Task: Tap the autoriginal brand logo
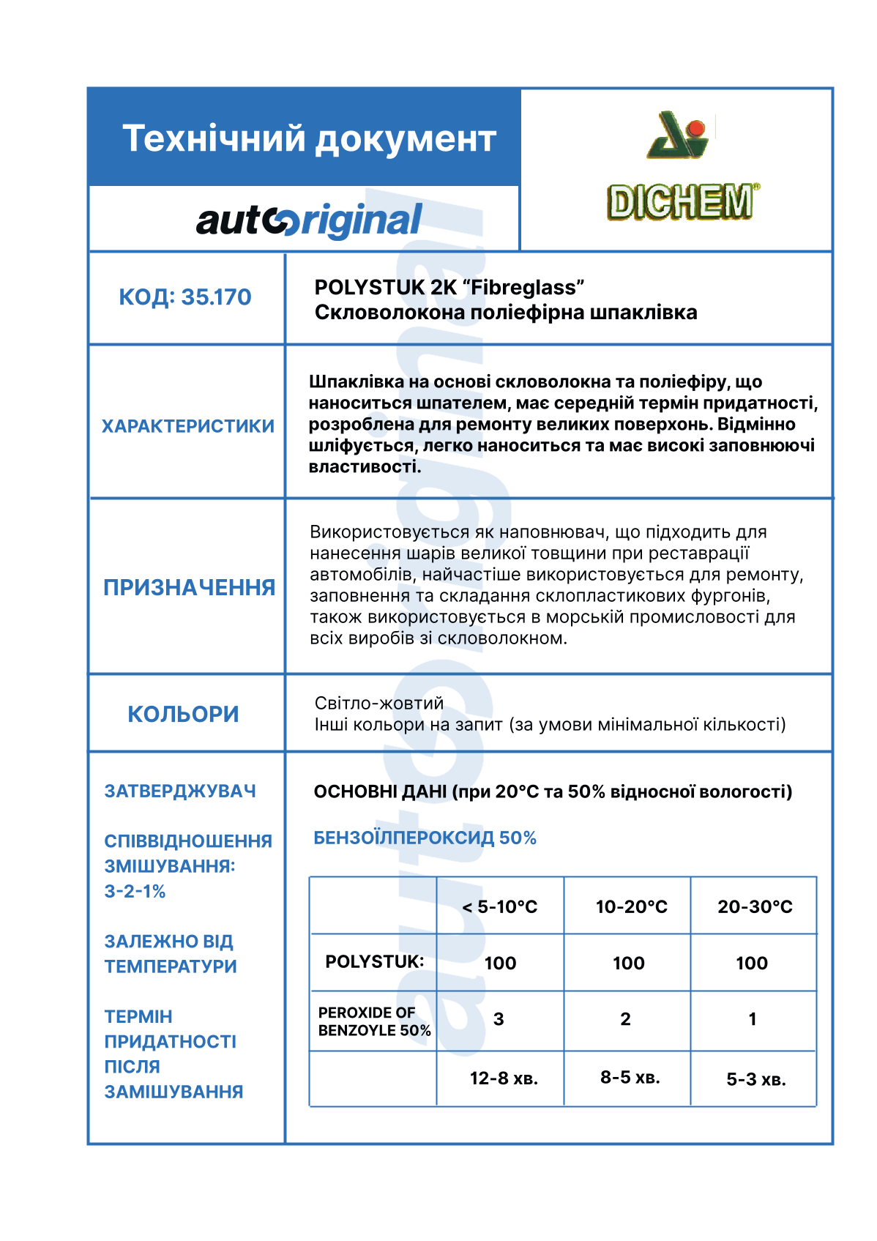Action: coord(309,220)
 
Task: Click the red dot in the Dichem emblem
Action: coord(696,129)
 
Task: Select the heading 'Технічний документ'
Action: coord(309,138)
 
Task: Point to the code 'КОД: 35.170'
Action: coord(185,297)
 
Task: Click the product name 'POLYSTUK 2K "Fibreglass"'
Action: coord(449,287)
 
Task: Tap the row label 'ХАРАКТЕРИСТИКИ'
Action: coord(188,426)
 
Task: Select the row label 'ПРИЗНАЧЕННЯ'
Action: coord(189,587)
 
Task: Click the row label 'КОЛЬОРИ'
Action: coord(184,714)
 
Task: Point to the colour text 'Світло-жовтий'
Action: coord(379,703)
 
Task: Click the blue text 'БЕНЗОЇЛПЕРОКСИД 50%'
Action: coord(425,838)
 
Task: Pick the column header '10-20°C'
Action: coord(631,907)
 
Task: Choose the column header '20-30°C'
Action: coord(755,907)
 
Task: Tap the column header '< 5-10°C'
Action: coord(500,907)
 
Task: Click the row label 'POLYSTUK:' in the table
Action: coord(374,961)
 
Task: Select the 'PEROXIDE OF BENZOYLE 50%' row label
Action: coord(374,1021)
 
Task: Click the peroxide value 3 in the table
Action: coord(499,1019)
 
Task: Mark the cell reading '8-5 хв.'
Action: coord(630,1077)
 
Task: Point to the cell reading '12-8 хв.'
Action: coord(504,1078)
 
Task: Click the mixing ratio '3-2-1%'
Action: coord(135,891)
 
